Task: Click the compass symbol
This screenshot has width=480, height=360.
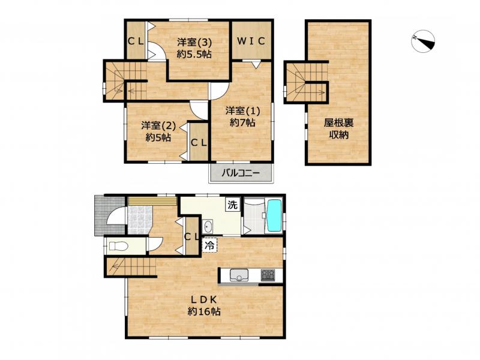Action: click(423, 41)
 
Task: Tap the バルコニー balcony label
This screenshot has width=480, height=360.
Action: click(241, 173)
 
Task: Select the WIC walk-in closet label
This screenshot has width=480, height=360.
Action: click(251, 41)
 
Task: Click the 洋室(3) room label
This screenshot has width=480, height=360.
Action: click(194, 42)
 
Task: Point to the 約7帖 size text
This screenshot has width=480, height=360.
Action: click(242, 122)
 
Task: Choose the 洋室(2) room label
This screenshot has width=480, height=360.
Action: click(158, 125)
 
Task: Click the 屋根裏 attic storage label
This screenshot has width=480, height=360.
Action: click(339, 123)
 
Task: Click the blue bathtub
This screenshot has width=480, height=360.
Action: click(275, 216)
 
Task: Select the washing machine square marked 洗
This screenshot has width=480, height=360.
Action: click(233, 205)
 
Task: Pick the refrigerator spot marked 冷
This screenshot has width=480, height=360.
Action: click(209, 245)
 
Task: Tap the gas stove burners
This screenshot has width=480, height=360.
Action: click(268, 275)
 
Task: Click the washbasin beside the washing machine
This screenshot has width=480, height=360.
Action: click(208, 227)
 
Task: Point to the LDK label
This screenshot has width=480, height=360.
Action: click(204, 299)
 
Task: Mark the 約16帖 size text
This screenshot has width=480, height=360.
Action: click(204, 311)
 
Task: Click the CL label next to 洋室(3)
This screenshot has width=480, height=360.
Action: click(136, 41)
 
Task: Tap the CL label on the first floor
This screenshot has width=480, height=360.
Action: click(191, 236)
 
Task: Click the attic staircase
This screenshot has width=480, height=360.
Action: click(306, 82)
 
